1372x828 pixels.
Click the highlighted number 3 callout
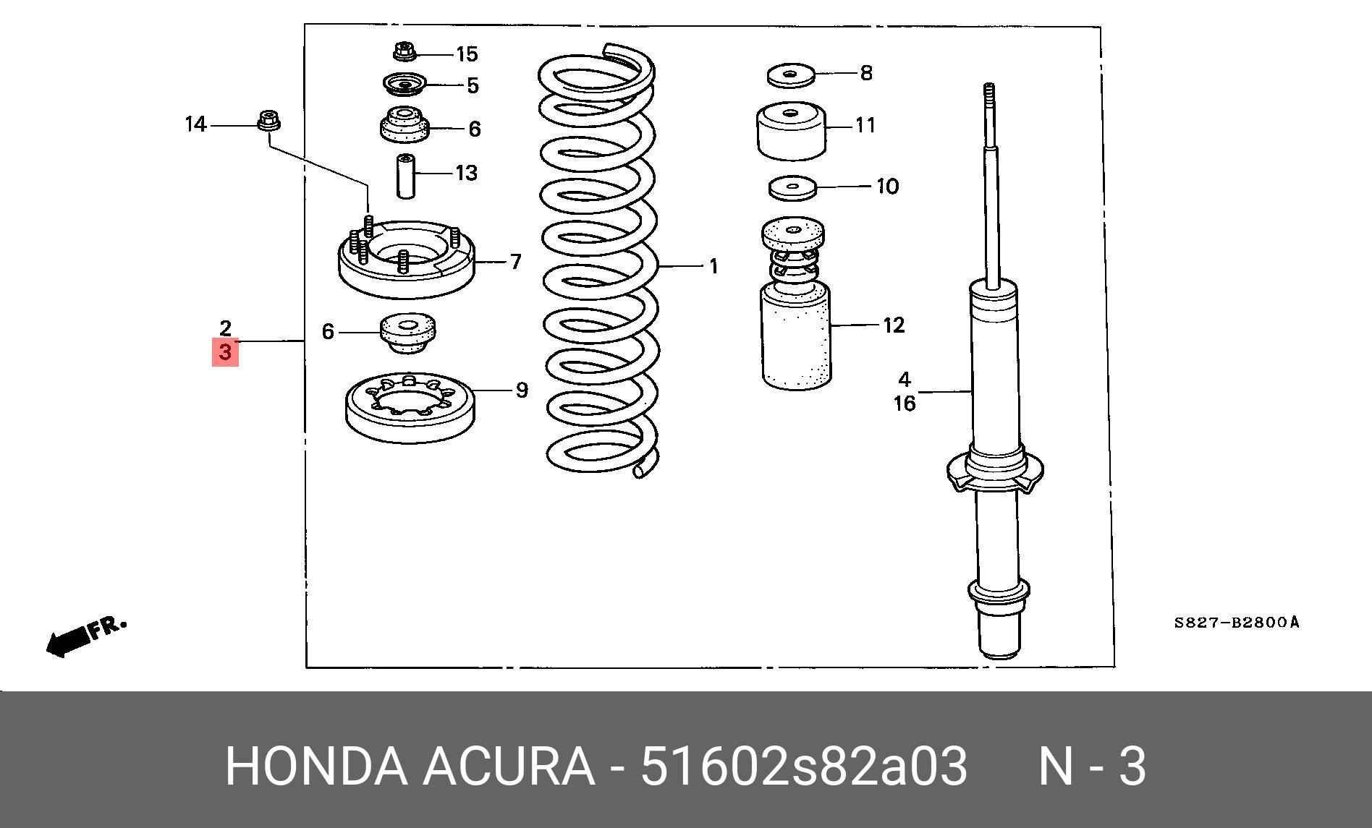[x=224, y=352]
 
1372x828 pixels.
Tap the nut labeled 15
[x=405, y=52]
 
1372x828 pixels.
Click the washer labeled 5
[x=404, y=85]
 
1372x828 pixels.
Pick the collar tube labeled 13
[x=406, y=176]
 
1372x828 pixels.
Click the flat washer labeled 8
[x=791, y=74]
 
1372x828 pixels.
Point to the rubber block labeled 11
[x=792, y=131]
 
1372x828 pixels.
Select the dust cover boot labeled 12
[x=796, y=336]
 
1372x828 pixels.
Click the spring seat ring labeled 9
[x=410, y=409]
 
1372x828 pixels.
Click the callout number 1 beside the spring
[x=713, y=267]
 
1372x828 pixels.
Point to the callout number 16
[x=905, y=404]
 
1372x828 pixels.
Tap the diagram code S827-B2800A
[x=1236, y=622]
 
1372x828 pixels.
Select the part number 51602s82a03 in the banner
[x=803, y=767]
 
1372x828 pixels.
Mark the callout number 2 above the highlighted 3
[x=225, y=328]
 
